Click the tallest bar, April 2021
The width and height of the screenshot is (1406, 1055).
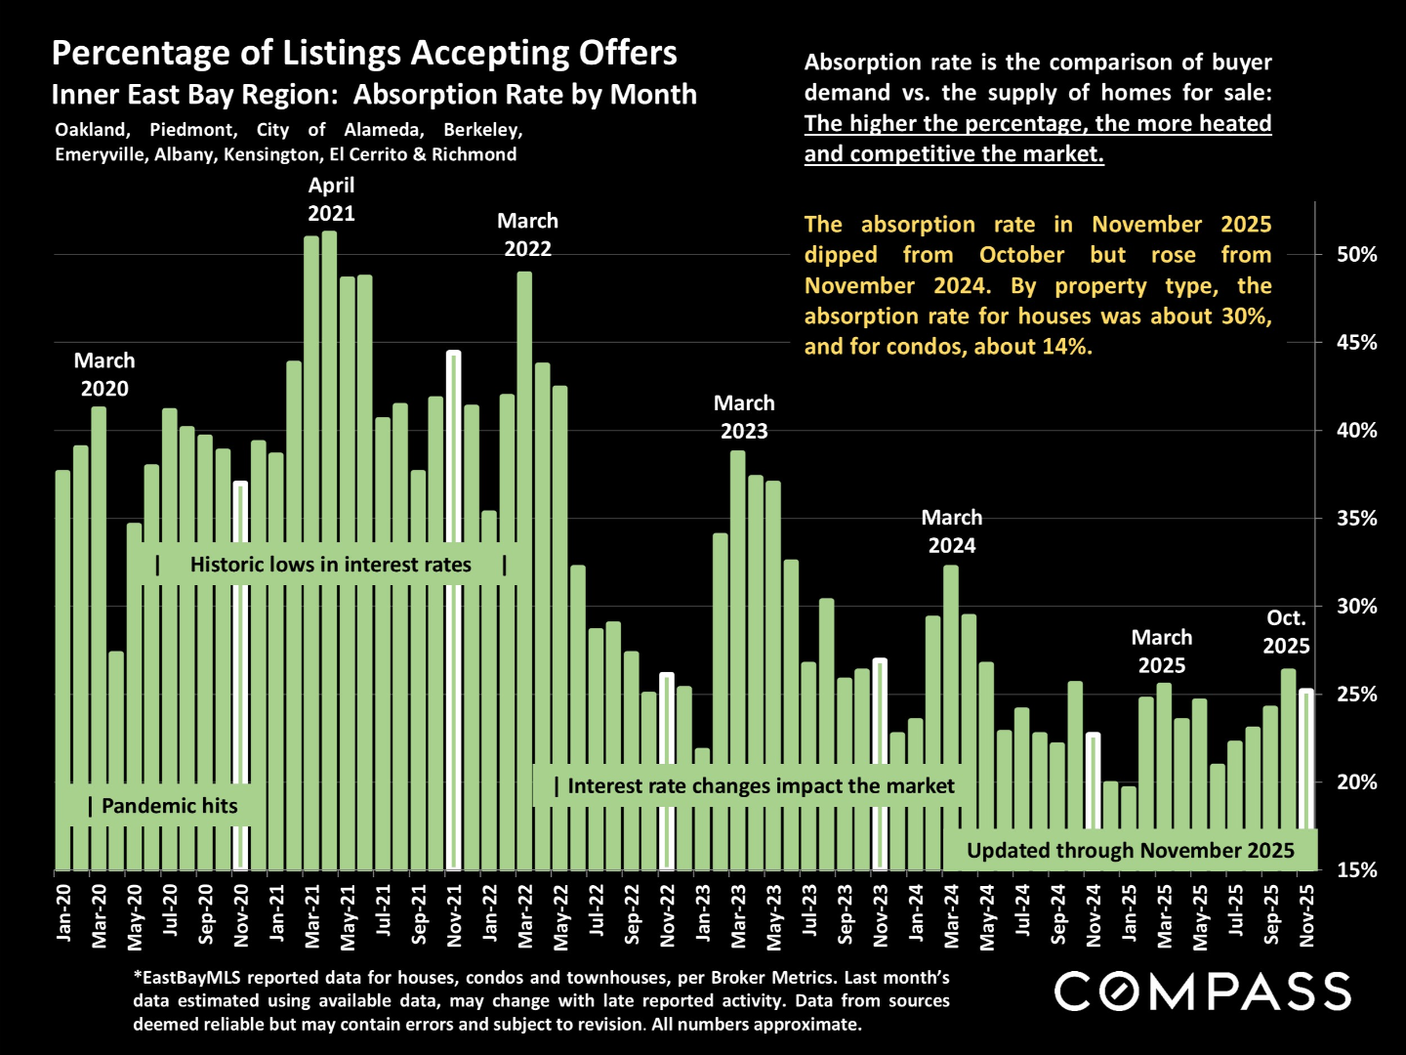click(330, 547)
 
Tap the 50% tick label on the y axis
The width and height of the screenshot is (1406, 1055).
click(1356, 255)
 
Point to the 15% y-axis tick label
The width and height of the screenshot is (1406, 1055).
click(1356, 869)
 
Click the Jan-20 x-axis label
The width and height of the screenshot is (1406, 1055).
click(64, 912)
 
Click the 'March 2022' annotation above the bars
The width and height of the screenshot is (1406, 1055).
click(527, 235)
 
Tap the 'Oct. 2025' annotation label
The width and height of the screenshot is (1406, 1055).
click(1286, 632)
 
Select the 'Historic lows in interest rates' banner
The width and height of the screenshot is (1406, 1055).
click(330, 565)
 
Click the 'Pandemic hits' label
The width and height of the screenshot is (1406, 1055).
click(169, 806)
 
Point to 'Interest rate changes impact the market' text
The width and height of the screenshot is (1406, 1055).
click(761, 786)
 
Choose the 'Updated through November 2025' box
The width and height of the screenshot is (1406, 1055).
click(1130, 851)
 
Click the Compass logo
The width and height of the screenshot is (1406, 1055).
click(1202, 992)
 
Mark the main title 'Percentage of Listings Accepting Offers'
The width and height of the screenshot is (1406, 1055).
click(364, 53)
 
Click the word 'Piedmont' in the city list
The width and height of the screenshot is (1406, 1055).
click(193, 130)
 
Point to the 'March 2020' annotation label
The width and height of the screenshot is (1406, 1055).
click(104, 375)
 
